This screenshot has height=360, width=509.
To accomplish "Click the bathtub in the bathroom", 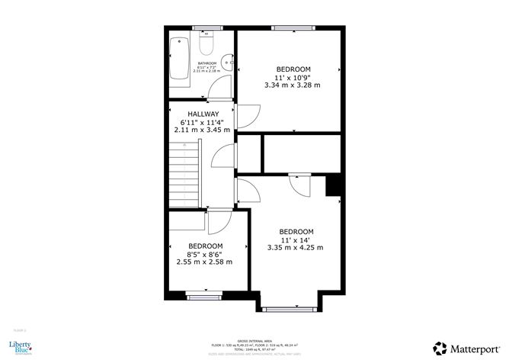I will point(181,59).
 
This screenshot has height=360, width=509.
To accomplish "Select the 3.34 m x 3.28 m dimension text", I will point(293,85).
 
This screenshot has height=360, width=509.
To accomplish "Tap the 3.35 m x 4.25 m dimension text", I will point(296,247).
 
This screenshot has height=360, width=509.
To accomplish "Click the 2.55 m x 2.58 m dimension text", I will point(204,262).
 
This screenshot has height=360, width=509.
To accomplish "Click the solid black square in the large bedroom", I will point(333,185).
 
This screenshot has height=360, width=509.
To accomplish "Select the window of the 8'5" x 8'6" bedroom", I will point(201,294).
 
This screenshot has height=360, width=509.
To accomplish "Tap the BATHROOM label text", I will point(207,63).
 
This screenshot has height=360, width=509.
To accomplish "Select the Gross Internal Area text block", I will point(254,348).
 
